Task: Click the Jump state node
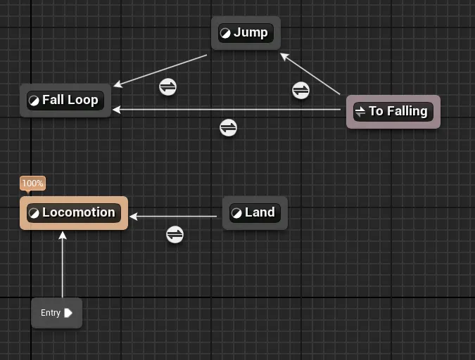pos(246,33)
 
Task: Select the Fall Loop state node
pos(65,100)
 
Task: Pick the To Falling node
pos(393,111)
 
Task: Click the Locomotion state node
pos(74,212)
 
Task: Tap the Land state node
pos(255,212)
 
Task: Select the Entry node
pos(56,313)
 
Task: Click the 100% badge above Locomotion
pos(32,184)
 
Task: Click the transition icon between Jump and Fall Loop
pos(167,86)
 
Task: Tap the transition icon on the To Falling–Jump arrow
pos(300,91)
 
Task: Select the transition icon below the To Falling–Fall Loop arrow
pos(228,128)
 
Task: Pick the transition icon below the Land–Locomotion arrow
pos(175,234)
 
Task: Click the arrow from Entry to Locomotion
pos(63,267)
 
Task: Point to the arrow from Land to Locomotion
pos(176,217)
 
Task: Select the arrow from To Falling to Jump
pos(311,75)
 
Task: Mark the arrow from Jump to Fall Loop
pos(160,70)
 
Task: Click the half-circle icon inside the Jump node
pos(225,33)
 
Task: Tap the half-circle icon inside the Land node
pos(236,212)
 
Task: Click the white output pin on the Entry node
pos(68,313)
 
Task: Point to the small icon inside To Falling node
pos(360,111)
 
